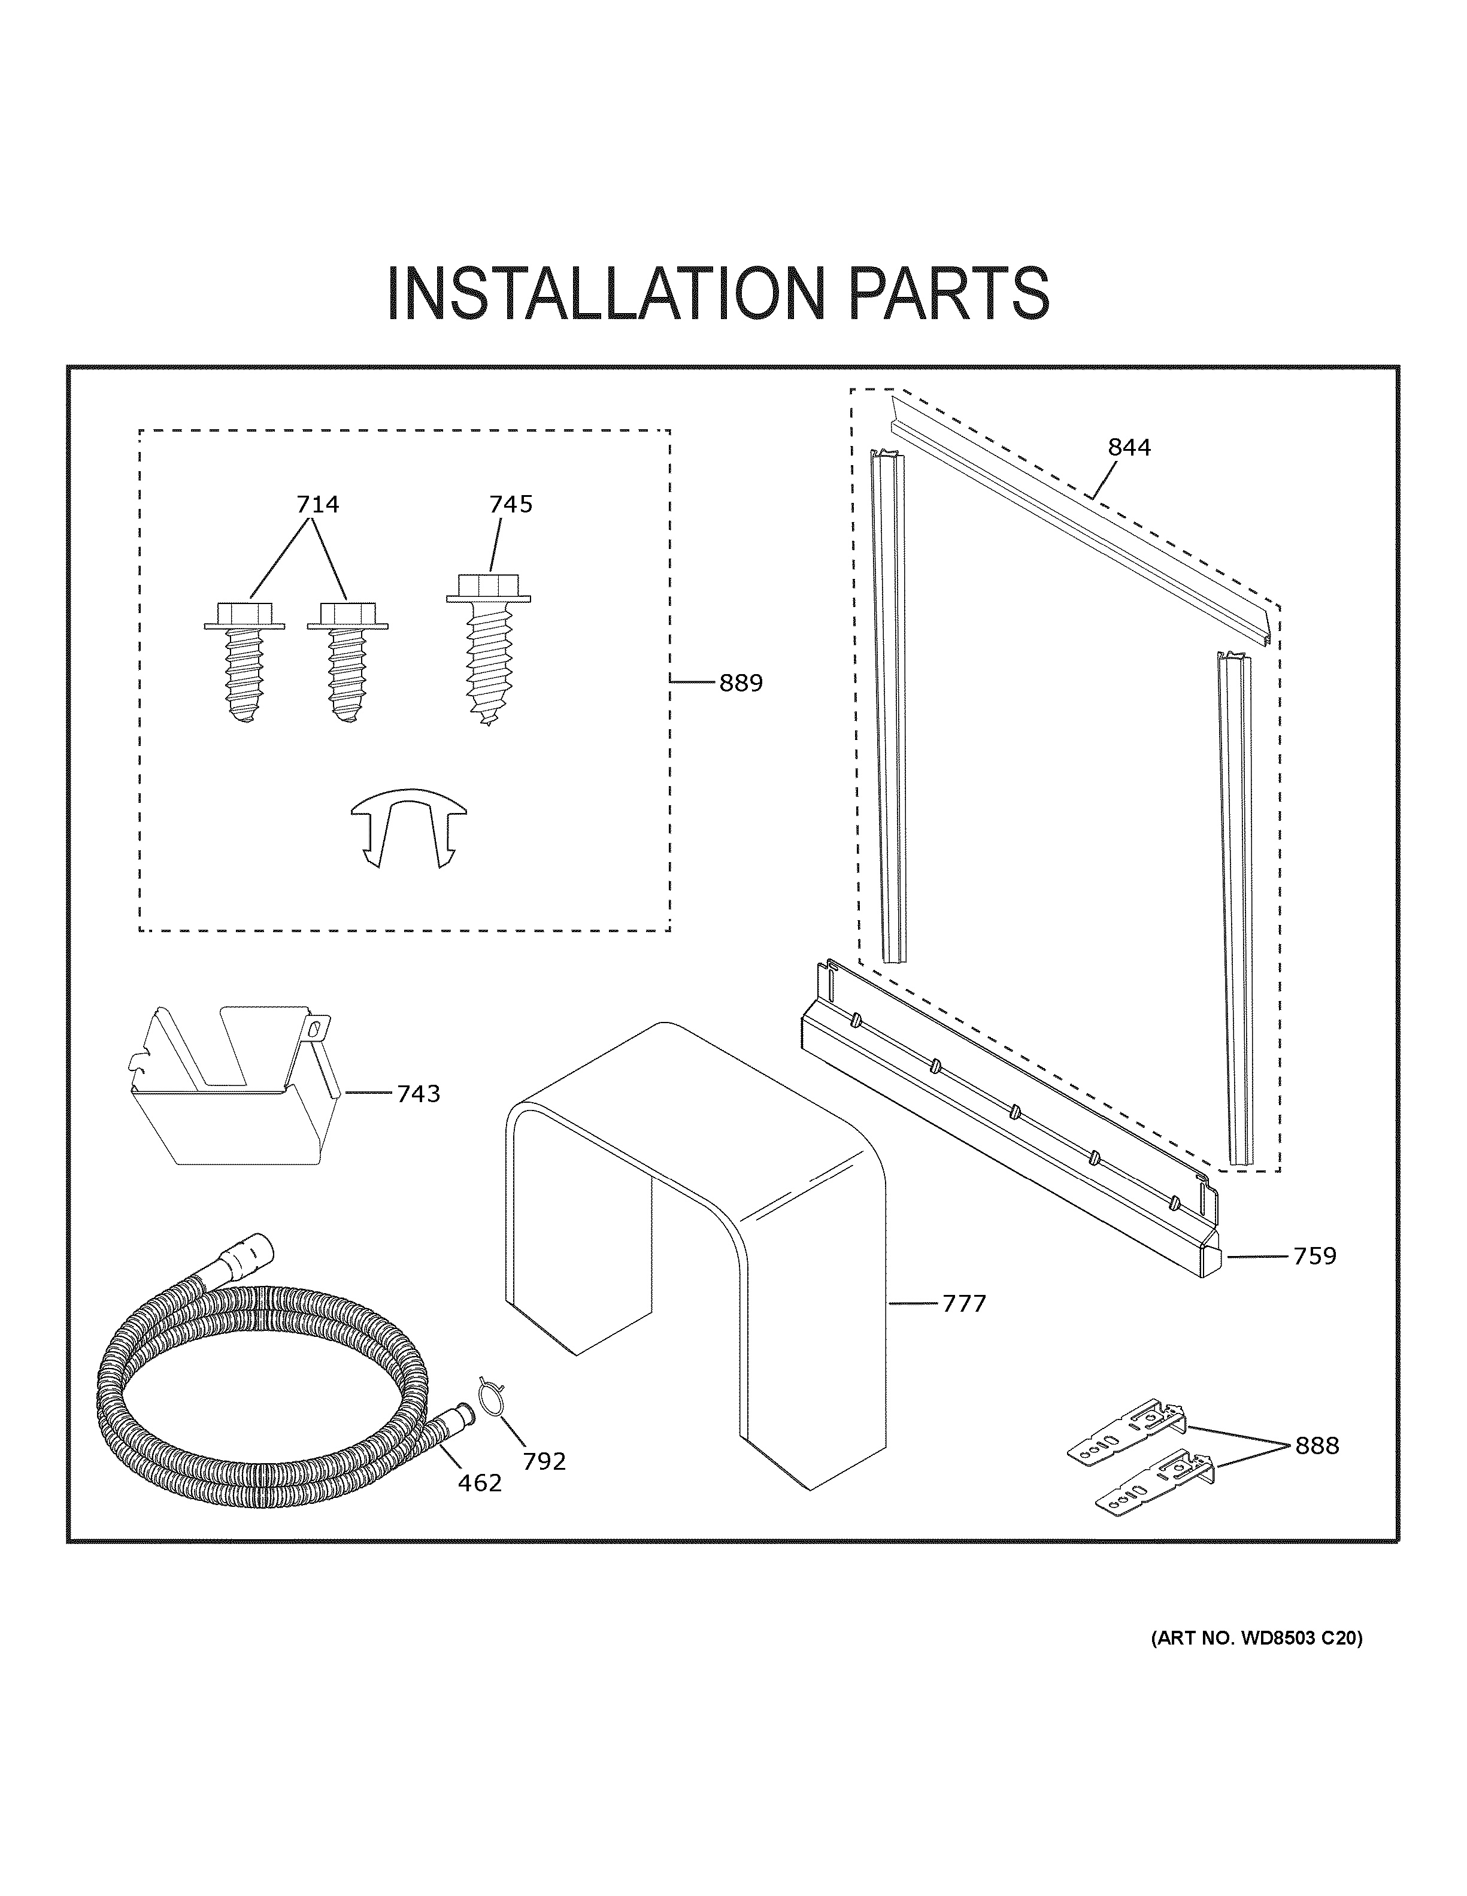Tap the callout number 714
[318, 505]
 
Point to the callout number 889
[741, 683]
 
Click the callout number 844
[1129, 448]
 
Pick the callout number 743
[419, 1094]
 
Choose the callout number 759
[1314, 1256]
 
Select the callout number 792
[544, 1462]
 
